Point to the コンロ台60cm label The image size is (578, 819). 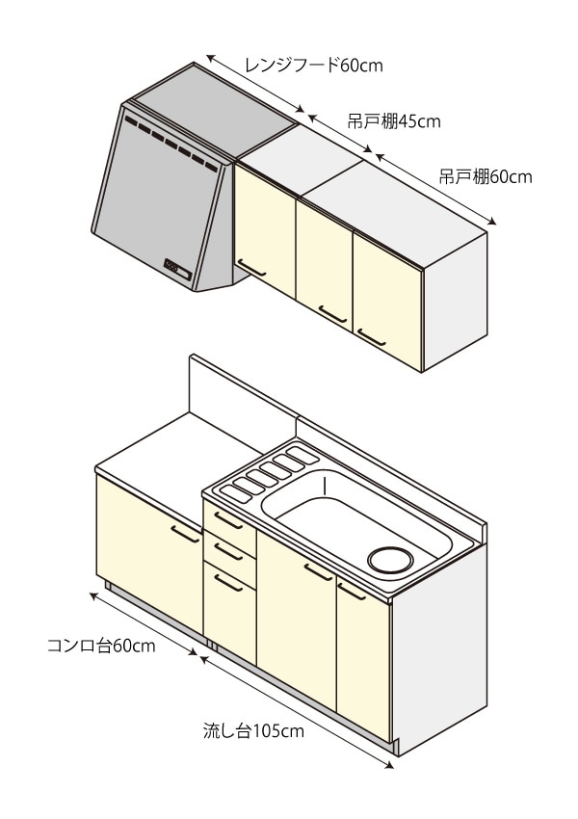(x=101, y=646)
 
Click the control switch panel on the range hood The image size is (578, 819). (x=177, y=267)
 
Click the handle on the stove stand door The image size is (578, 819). (x=185, y=531)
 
